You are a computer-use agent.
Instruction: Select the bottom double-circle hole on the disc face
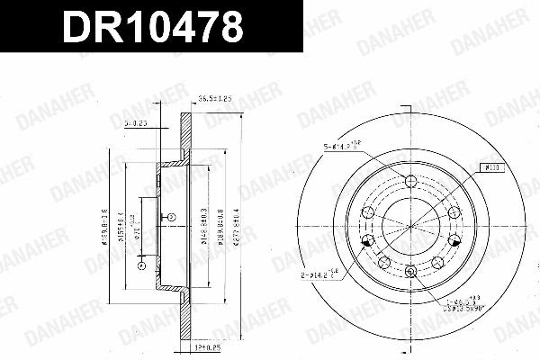(x=410, y=272)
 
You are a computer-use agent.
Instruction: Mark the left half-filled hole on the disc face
(x=366, y=240)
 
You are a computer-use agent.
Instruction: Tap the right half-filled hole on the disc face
(x=454, y=240)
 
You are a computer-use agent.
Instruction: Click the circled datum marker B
(x=171, y=217)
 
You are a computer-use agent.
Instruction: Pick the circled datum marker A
(x=140, y=265)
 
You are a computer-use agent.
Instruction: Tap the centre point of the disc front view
(x=410, y=225)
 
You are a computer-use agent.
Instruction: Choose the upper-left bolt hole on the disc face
(x=367, y=211)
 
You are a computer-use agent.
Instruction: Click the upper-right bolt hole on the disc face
(x=454, y=211)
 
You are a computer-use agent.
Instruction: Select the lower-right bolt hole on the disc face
(x=437, y=262)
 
